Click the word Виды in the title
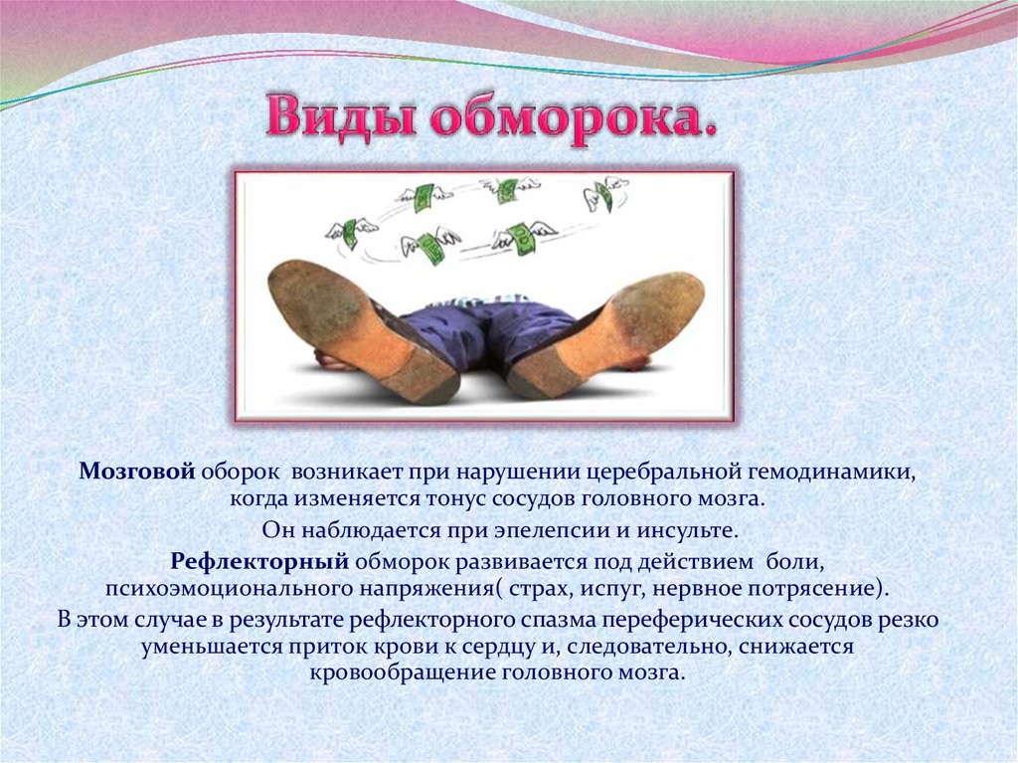(x=340, y=117)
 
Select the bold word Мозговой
(x=137, y=472)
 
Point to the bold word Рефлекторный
(x=259, y=561)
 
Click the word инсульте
(x=687, y=530)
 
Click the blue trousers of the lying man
(x=454, y=329)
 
